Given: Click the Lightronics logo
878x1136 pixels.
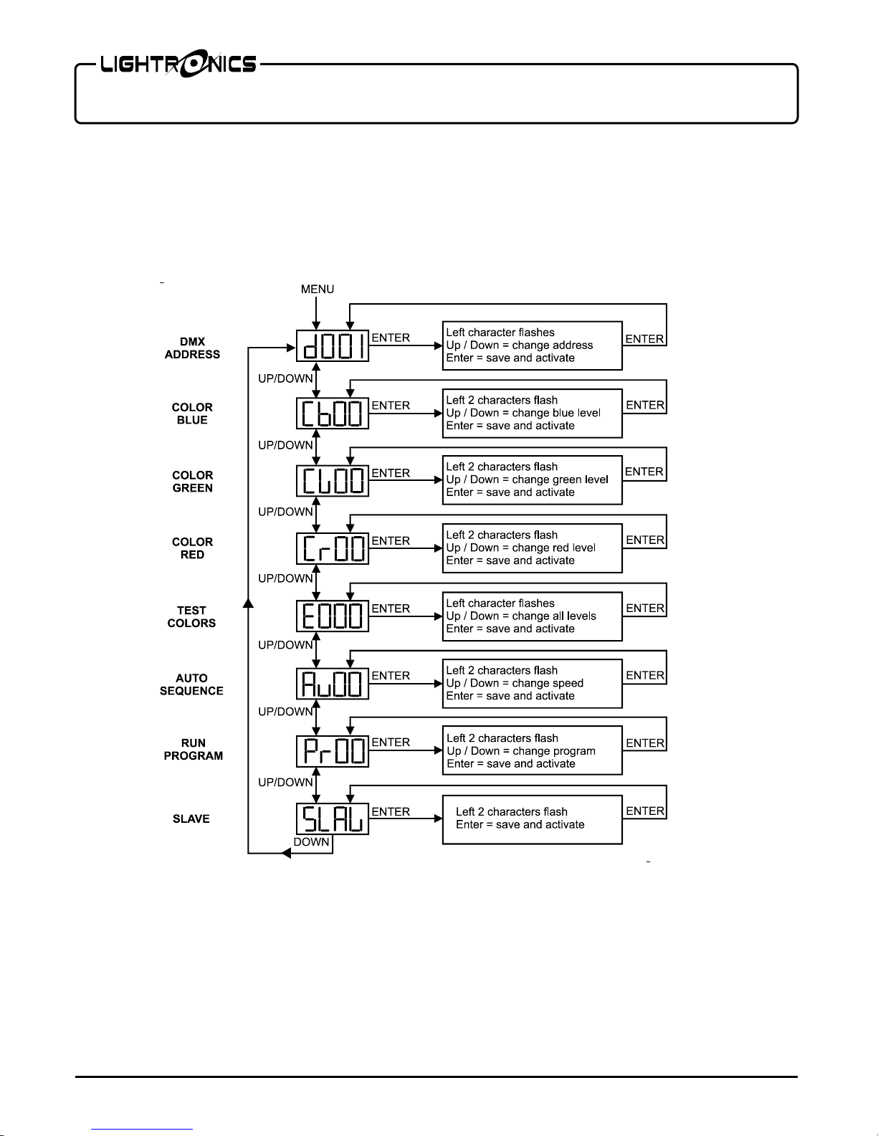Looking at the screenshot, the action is [178, 64].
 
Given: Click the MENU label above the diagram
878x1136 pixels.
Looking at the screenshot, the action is [318, 289].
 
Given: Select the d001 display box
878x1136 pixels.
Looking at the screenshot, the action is [333, 345].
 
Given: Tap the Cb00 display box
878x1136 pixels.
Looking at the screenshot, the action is [333, 414].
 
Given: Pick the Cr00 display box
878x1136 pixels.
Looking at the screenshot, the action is [333, 548].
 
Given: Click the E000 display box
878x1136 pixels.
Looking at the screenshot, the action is [333, 616].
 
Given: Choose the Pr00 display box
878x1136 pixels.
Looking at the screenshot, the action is [333, 751].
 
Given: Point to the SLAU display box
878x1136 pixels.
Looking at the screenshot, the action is [333, 818].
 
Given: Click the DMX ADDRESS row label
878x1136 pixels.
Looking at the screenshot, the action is [192, 348].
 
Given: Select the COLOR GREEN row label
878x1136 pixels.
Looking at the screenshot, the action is [192, 482].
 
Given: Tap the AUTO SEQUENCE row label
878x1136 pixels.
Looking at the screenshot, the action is [191, 684].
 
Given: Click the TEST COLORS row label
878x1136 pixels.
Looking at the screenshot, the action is [191, 616].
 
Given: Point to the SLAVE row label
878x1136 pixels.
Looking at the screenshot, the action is [191, 818].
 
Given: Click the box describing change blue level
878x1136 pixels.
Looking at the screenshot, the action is [532, 414].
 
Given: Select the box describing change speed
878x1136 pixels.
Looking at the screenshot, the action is [532, 684].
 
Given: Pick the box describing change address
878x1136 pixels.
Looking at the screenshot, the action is [532, 345].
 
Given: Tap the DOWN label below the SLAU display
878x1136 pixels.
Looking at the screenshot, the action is [312, 842].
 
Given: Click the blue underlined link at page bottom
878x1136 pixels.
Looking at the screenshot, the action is [142, 1130].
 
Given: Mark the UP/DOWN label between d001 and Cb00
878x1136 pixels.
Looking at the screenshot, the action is [285, 378].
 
